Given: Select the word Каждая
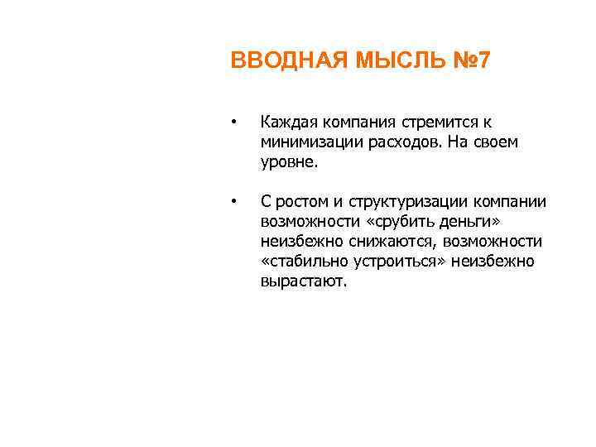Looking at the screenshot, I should (286, 123).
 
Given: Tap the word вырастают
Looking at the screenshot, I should (305, 281).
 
